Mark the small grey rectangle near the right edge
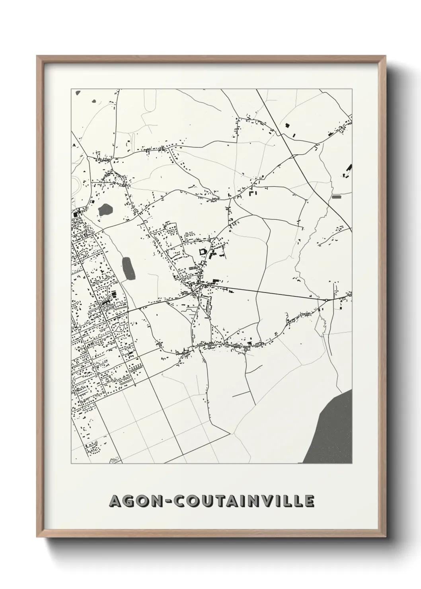337,196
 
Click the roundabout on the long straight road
326,300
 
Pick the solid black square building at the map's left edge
75,215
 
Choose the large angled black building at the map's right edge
349,169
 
